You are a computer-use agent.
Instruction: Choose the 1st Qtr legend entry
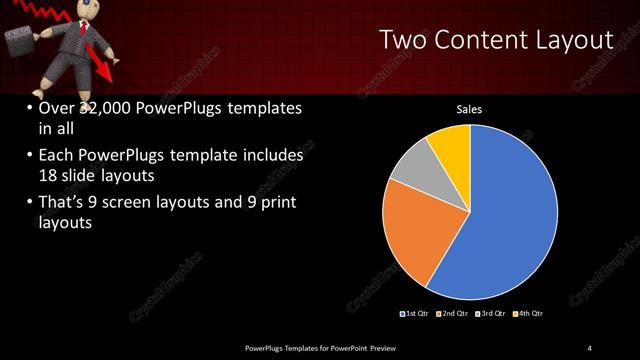tap(416, 315)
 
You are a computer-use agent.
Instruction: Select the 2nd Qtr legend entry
tap(454, 315)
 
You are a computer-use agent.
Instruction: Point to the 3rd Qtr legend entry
tap(492, 315)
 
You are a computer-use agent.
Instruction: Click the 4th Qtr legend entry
tap(530, 315)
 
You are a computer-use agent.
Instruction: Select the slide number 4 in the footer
tap(589, 347)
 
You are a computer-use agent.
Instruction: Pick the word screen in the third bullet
tap(135, 203)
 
